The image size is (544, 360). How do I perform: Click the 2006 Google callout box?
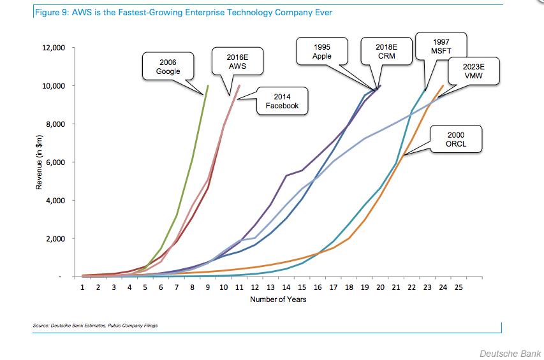point(168,66)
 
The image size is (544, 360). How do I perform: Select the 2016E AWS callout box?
point(237,61)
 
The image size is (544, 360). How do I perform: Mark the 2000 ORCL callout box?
point(455,139)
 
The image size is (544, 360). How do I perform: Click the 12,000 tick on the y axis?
point(56,48)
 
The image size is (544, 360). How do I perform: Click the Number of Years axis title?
point(278,299)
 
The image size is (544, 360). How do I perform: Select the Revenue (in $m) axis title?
point(40,162)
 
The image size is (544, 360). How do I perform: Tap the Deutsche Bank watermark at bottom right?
point(510,352)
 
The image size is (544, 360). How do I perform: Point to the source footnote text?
point(95,326)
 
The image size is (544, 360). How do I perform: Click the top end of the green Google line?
point(208,86)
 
